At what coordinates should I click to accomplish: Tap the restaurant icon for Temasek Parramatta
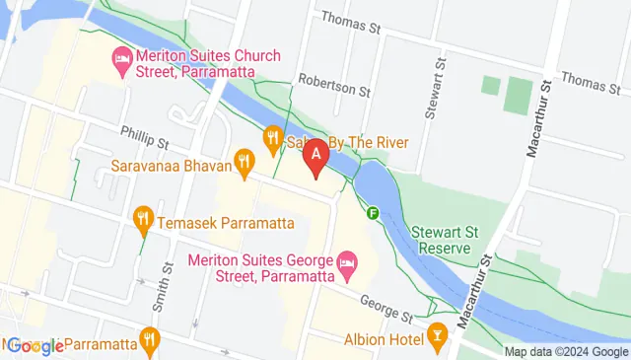point(143,216)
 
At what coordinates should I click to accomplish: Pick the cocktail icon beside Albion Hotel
point(438,339)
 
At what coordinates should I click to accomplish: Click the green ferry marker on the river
point(374,211)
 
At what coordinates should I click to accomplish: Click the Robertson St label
point(334,90)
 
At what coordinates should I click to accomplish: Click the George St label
point(386,309)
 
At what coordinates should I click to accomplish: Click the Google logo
point(35,345)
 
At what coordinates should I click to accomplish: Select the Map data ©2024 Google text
point(566,352)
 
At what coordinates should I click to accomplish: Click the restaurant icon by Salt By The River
point(273,139)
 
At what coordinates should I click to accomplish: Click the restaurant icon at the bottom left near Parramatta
point(149,339)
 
